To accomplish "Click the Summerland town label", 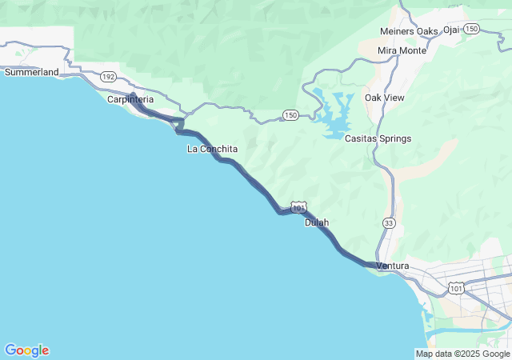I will (32, 72).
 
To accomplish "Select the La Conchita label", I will (212, 149).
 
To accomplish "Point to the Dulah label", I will (317, 222).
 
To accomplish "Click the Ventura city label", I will (392, 266).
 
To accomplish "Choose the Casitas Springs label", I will (378, 138).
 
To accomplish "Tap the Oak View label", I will (384, 98).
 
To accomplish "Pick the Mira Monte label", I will (402, 50).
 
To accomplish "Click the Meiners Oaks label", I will (409, 31).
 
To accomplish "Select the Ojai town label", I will (452, 30).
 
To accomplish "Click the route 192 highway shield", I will (109, 78).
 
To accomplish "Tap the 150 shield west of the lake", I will (290, 116).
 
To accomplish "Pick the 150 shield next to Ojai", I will (472, 29).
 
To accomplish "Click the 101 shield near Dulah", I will (298, 208).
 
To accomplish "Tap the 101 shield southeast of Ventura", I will (456, 287).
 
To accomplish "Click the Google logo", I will (26, 350).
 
